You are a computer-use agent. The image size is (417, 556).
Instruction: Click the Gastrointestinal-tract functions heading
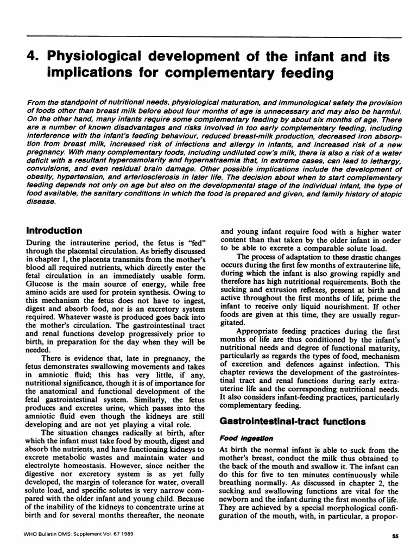point(284,421)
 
